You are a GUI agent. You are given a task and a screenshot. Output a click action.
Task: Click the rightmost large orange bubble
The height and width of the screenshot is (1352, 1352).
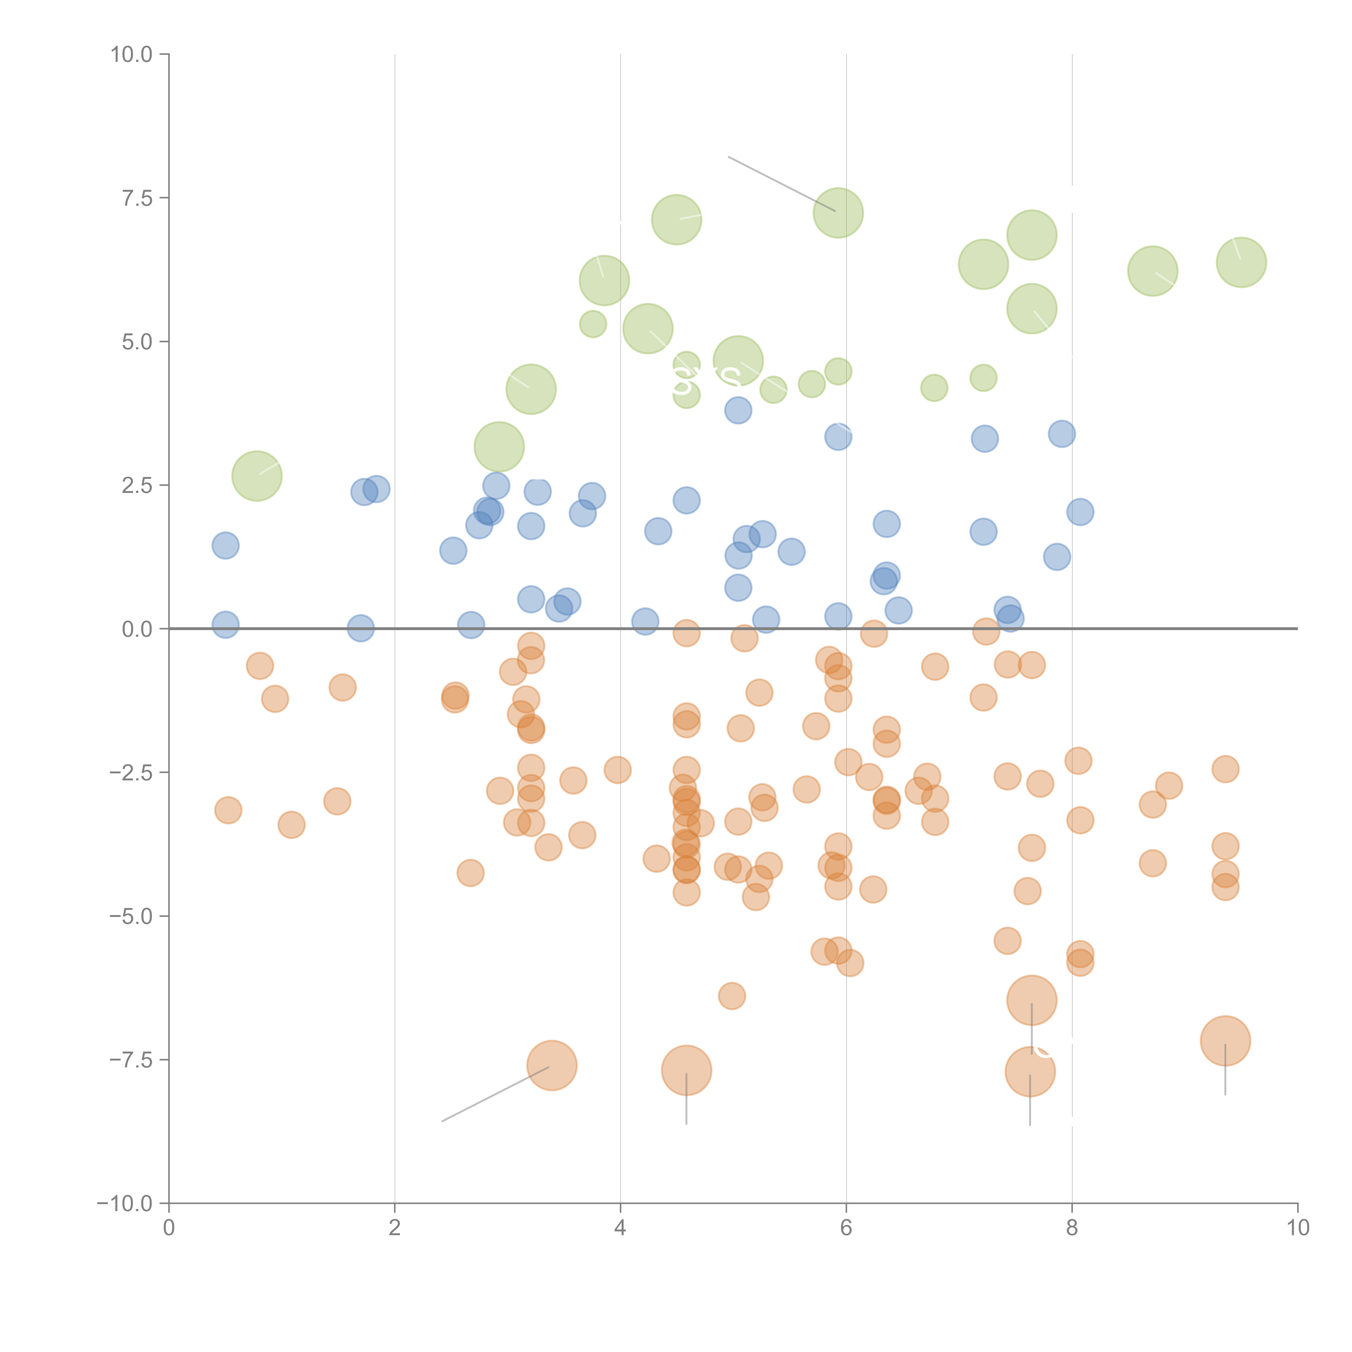tap(1225, 1040)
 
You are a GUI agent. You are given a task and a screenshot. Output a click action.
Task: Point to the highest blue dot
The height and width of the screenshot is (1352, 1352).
tap(738, 410)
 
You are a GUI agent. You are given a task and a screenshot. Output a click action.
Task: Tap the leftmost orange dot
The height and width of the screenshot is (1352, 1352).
tap(228, 810)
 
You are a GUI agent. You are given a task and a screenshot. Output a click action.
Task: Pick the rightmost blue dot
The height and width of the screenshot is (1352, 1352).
tap(1080, 512)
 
